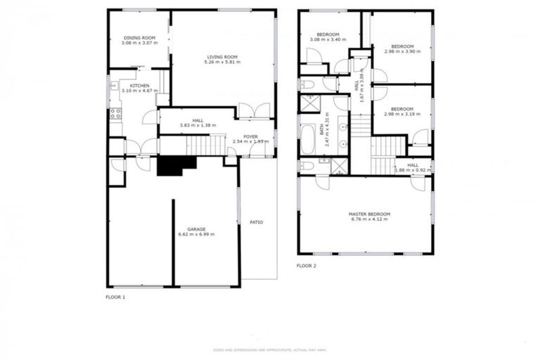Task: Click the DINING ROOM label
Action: pos(139,38)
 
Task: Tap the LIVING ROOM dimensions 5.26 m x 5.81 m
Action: pos(222,62)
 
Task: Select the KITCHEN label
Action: pos(139,85)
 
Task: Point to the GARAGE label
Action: pos(196,229)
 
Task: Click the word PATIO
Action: pos(256,222)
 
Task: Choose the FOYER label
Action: pos(251,136)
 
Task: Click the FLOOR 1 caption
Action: pos(115,297)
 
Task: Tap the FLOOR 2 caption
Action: pos(307,266)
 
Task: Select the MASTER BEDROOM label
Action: pos(369,214)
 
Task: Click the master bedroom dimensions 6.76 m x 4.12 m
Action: pos(369,219)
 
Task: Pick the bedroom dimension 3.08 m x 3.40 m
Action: pos(328,40)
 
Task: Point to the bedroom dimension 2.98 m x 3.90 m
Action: pos(402,51)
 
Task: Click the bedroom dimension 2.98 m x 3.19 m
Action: pos(402,114)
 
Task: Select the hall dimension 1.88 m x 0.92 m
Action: pos(412,170)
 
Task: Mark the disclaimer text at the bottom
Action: pos(270,349)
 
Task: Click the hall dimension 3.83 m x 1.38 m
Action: pos(197,125)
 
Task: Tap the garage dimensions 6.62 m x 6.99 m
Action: pos(196,234)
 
